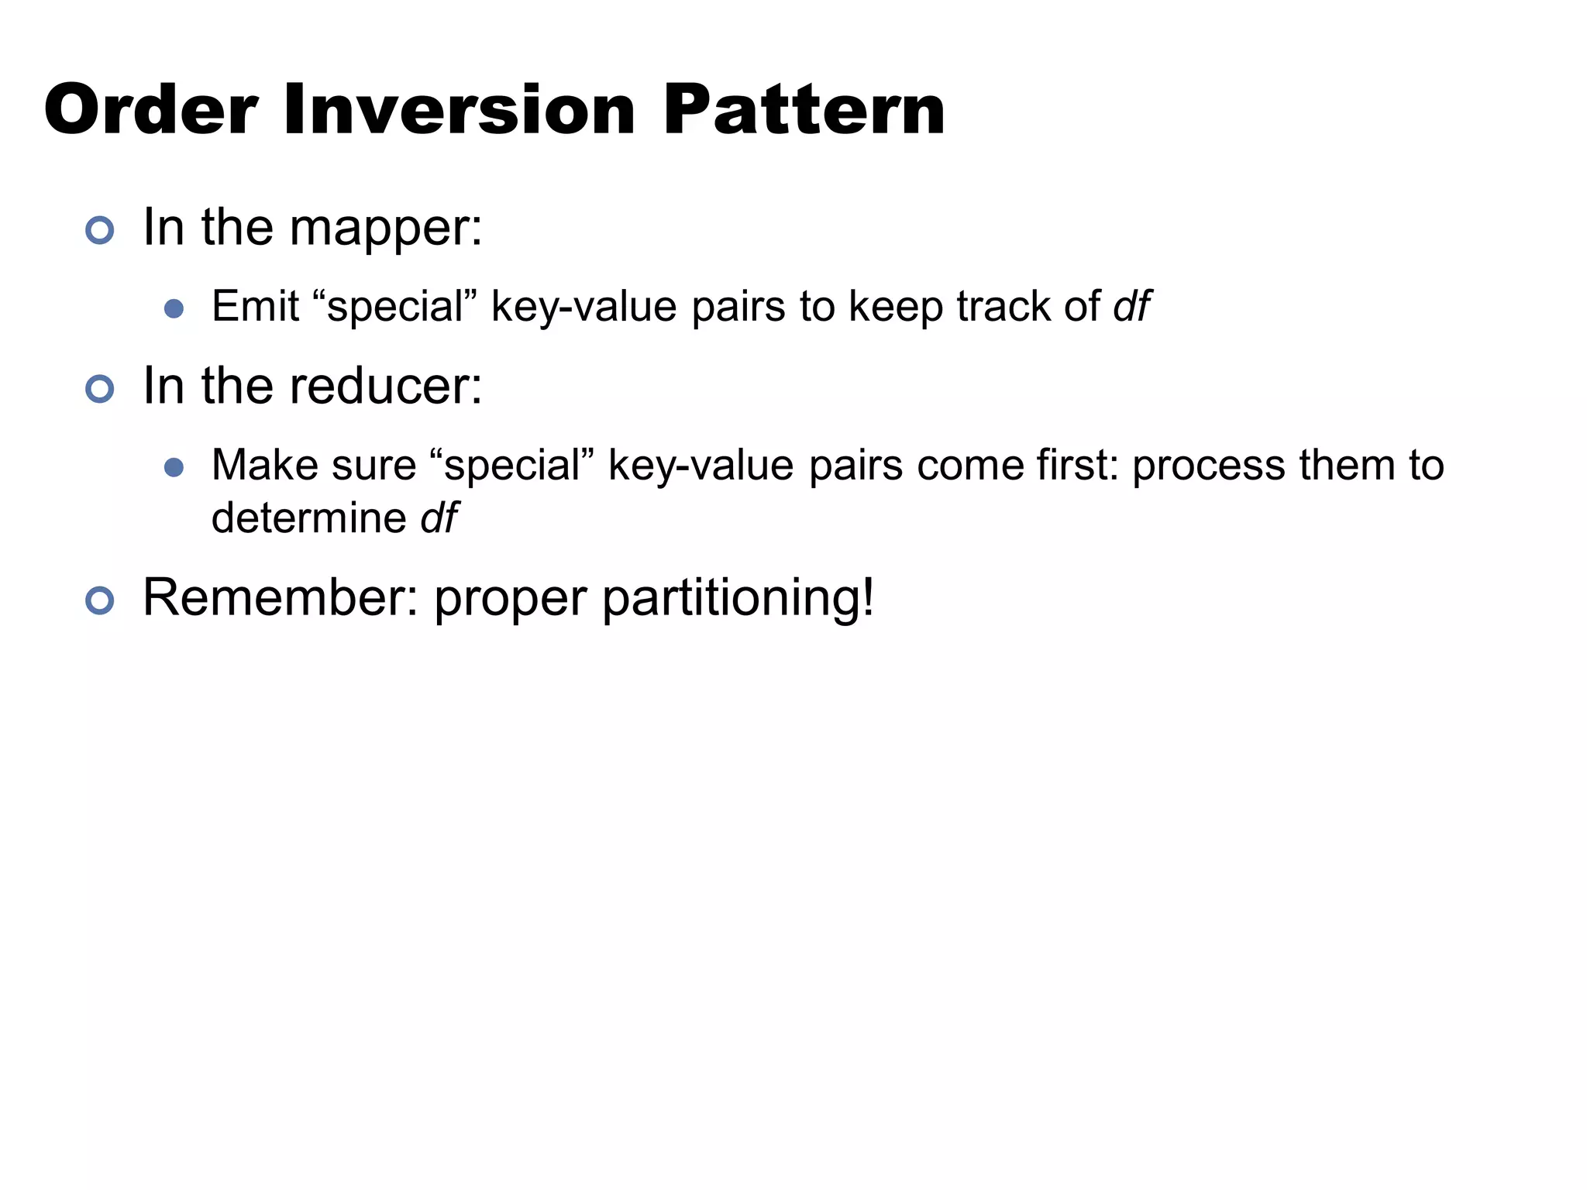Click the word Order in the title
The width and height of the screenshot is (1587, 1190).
(x=150, y=110)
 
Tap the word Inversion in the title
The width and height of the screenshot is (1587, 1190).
(x=459, y=110)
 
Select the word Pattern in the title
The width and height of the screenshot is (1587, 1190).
(x=804, y=110)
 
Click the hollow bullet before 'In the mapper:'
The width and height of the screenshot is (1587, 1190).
(x=100, y=230)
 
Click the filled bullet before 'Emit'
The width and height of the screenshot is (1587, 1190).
(x=174, y=309)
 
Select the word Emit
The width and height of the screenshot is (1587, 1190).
(x=255, y=306)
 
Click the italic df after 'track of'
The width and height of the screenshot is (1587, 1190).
(x=1131, y=306)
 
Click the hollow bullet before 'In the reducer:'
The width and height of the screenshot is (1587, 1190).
(x=100, y=388)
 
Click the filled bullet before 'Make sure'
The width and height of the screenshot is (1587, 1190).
(x=174, y=467)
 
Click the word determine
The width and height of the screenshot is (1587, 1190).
(x=308, y=518)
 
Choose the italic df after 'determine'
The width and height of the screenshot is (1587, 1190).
(x=439, y=518)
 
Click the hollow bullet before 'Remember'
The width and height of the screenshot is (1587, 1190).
(x=100, y=600)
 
